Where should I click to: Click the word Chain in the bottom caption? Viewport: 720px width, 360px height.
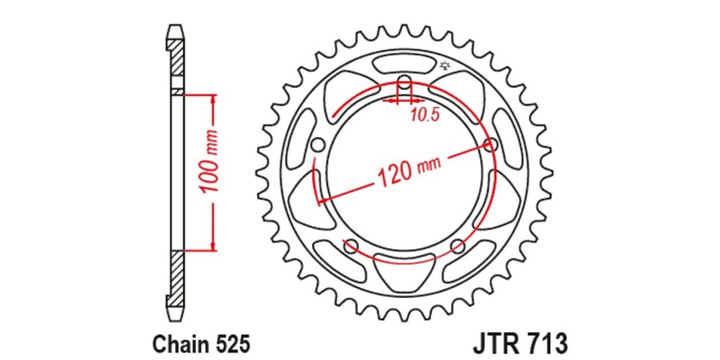click(177, 343)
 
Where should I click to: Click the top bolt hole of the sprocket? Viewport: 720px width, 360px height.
click(404, 83)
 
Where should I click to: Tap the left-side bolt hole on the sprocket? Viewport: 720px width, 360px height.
click(317, 146)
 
